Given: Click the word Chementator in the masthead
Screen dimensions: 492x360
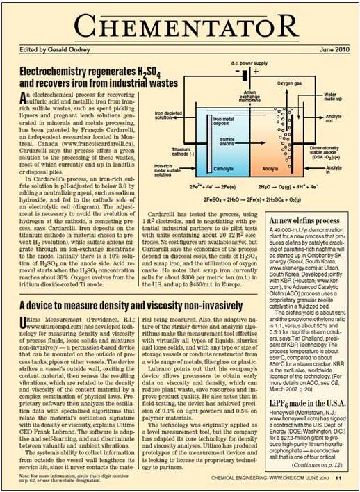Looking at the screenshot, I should [180, 28].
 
